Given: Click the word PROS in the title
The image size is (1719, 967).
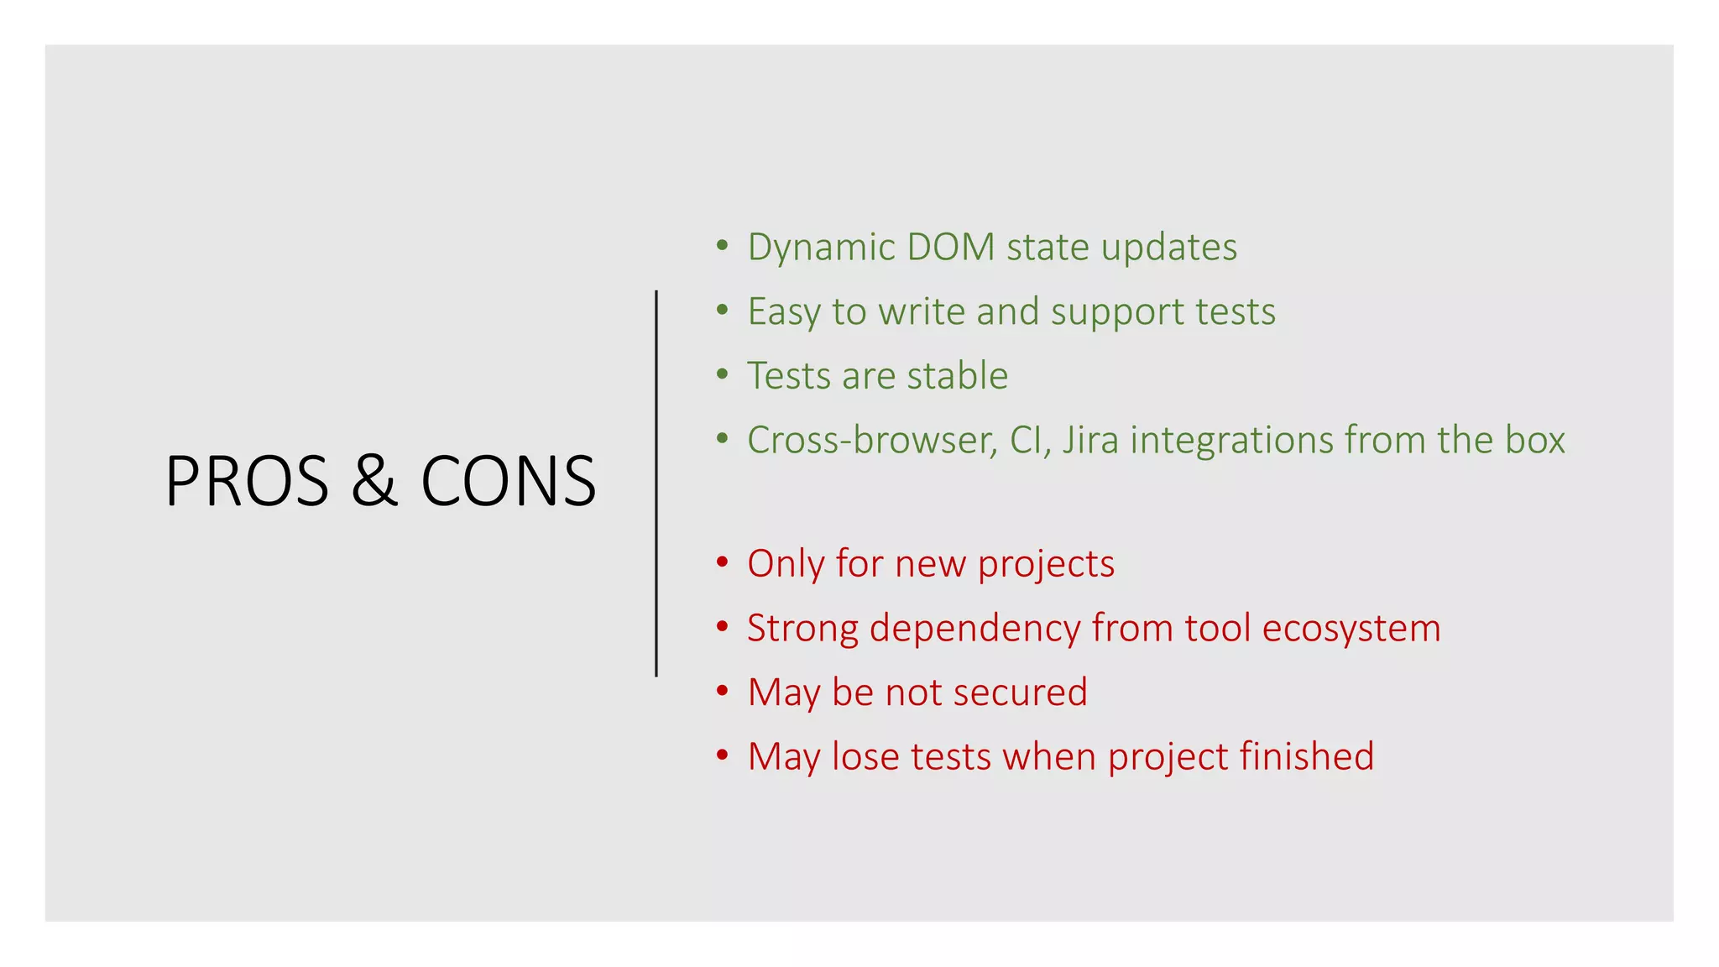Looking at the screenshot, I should [x=247, y=481].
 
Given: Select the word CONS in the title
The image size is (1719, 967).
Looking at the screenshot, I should [x=508, y=481].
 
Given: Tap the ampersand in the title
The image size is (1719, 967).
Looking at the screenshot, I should [x=374, y=481].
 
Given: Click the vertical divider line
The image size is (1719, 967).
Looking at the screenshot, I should [x=656, y=483].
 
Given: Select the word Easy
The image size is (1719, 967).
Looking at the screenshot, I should [x=784, y=312].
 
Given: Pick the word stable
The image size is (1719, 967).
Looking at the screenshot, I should [x=958, y=375].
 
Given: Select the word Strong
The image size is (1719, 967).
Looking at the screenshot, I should [x=802, y=629].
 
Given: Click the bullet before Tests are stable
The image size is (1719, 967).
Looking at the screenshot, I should [x=722, y=374].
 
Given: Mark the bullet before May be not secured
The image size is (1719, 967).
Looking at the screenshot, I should [x=722, y=691].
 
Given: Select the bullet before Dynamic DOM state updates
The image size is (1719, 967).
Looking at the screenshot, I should [x=722, y=245].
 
